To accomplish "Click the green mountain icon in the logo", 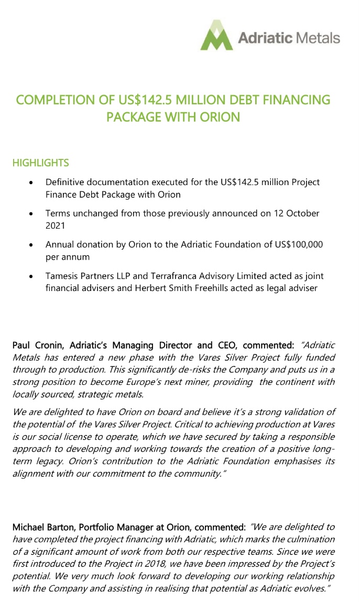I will coord(216,36).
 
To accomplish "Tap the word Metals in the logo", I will coord(318,38).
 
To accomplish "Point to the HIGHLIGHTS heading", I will coord(40,163).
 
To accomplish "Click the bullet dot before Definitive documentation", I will coord(32,183).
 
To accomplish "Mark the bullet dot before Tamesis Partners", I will coord(32,276).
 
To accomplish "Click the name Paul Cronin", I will coord(37,345).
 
